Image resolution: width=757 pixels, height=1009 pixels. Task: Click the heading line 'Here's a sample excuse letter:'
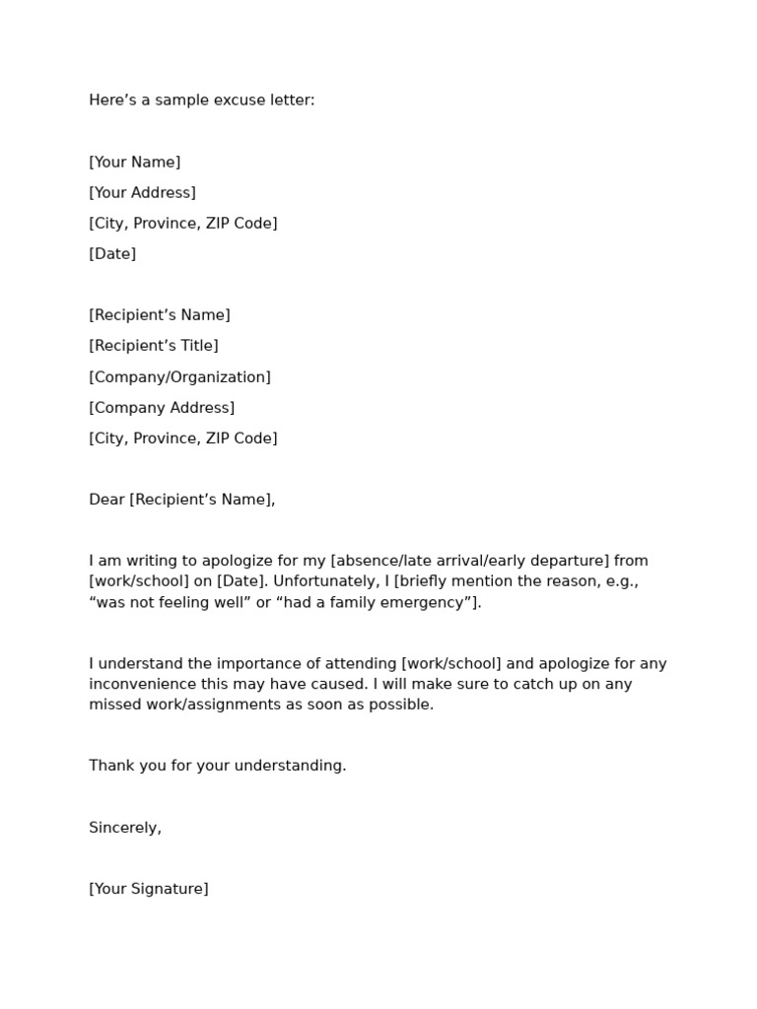coord(202,101)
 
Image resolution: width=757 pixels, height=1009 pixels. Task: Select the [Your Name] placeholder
coord(135,162)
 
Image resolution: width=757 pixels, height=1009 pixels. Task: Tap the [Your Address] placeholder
coord(142,192)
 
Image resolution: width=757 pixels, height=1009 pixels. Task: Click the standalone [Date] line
coord(112,253)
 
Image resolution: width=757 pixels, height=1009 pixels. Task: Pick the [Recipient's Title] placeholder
coord(154,346)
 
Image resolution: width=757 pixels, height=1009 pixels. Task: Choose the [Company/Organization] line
coord(179,376)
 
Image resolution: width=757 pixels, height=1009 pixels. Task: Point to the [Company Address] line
coord(162,407)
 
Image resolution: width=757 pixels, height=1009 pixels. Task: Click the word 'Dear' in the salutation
coord(106,500)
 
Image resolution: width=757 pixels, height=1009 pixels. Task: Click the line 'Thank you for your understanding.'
coord(218,766)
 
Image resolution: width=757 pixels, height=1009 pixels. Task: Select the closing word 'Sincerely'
coord(123,828)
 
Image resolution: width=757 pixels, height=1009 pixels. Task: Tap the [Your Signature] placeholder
coord(149,889)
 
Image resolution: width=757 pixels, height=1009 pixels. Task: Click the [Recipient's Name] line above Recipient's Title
coord(160,315)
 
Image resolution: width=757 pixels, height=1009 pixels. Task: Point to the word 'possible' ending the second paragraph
coord(405,705)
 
